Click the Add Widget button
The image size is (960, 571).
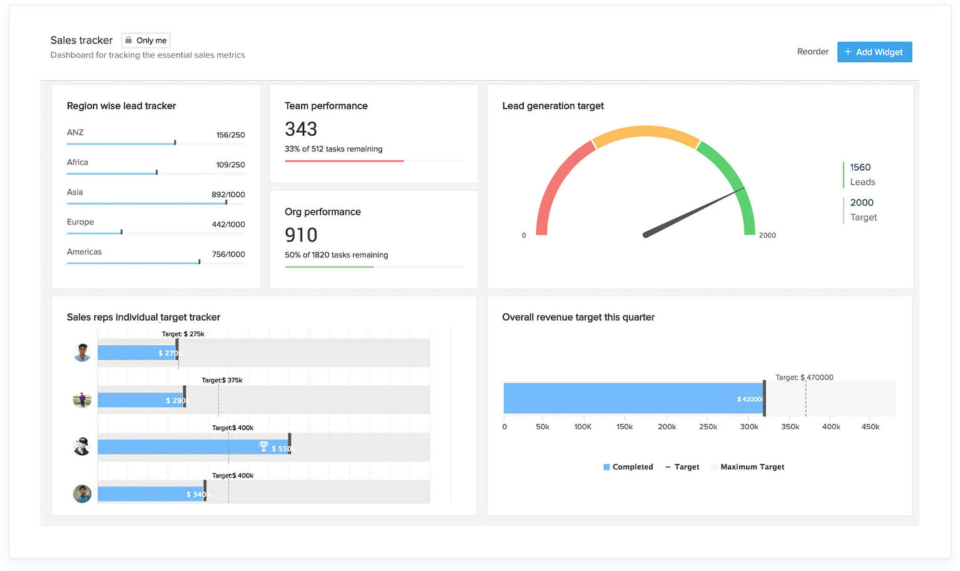[874, 52]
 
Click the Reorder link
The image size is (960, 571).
[812, 52]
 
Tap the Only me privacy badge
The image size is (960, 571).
[146, 41]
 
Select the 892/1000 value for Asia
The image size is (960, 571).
[228, 194]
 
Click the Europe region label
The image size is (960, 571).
[80, 222]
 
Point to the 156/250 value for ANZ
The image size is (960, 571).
[230, 135]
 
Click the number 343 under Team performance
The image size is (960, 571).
[301, 129]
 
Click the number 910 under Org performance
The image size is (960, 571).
[301, 235]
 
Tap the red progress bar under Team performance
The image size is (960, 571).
[344, 161]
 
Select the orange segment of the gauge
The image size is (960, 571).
[644, 132]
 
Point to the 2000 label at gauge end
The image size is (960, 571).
[767, 236]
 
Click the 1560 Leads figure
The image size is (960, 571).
[860, 167]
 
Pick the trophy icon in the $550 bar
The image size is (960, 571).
[263, 446]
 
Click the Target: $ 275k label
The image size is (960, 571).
[182, 334]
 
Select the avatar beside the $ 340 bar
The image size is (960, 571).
[82, 494]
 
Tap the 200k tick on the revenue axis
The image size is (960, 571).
[666, 427]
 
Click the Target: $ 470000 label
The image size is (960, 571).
[804, 377]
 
